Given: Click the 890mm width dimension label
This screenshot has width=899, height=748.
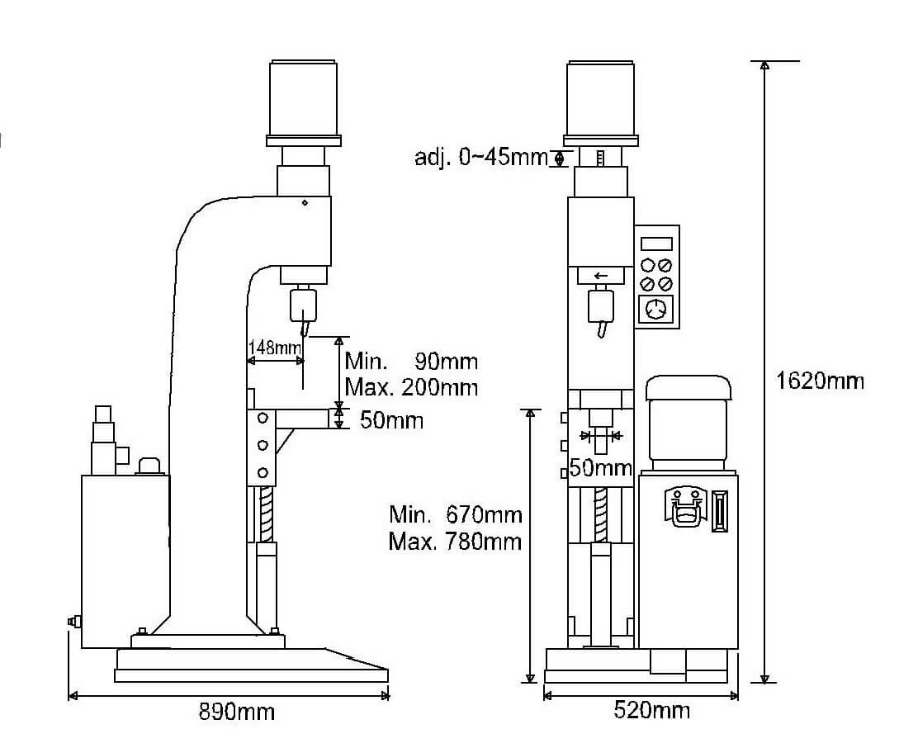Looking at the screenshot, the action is pyautogui.click(x=236, y=712).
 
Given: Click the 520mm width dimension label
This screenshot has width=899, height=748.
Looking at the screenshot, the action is pyautogui.click(x=651, y=711).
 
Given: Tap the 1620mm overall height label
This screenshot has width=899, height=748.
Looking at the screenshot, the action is pyautogui.click(x=819, y=381).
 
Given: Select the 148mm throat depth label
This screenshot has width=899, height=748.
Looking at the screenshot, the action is pyautogui.click(x=274, y=348).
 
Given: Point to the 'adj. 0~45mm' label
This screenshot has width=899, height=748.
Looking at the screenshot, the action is pyautogui.click(x=481, y=157).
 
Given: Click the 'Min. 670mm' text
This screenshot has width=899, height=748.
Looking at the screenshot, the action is pyautogui.click(x=455, y=514).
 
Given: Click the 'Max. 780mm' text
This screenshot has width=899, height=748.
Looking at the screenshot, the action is pyautogui.click(x=455, y=542).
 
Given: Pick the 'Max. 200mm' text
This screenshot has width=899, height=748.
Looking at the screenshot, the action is pyautogui.click(x=411, y=387).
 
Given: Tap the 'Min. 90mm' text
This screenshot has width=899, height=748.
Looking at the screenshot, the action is pyautogui.click(x=411, y=361).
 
